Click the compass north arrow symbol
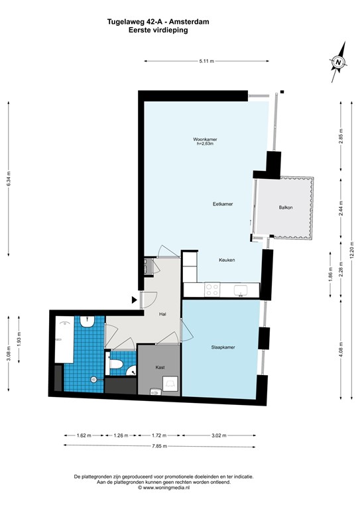(339, 62)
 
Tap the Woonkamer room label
(206, 140)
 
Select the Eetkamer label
(223, 204)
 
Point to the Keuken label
(227, 260)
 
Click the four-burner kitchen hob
(213, 289)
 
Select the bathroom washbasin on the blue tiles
(87, 321)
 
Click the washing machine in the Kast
(170, 384)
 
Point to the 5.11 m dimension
(206, 62)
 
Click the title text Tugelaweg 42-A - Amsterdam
(158, 22)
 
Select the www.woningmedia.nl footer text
(164, 488)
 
